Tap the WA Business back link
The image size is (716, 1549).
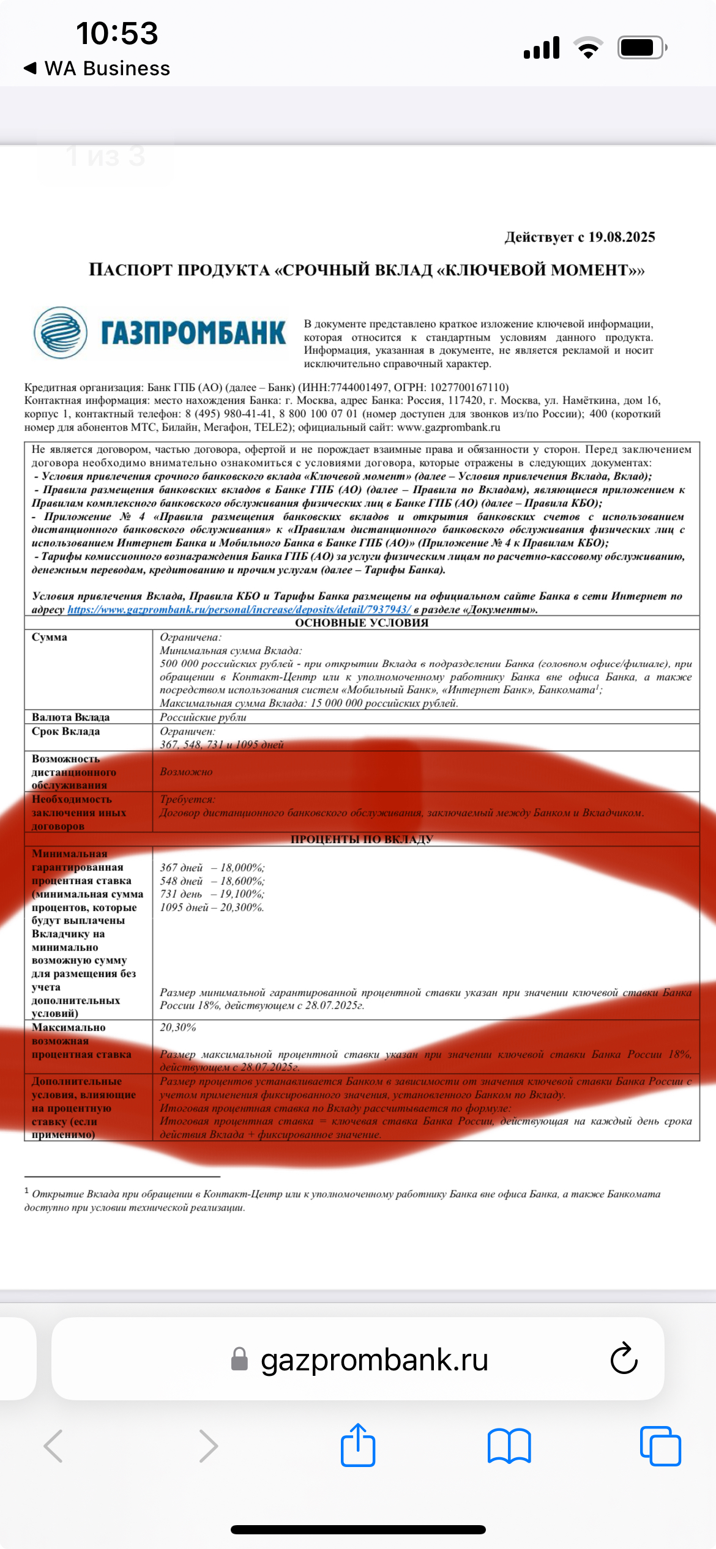pos(98,69)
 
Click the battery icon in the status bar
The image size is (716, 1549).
pos(641,48)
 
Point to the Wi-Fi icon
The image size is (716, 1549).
pos(588,48)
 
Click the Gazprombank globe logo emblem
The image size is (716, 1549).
pos(60,333)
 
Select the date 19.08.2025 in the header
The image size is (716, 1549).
pos(621,237)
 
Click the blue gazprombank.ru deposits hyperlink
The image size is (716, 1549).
pos(239,609)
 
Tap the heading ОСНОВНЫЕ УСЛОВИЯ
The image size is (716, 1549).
pos(362,623)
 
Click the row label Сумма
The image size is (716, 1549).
pos(50,637)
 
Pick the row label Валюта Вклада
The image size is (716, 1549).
pos(71,717)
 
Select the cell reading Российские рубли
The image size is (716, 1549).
pos(203,717)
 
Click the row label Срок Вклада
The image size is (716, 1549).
pos(66,731)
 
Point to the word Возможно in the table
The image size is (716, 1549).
pos(186,772)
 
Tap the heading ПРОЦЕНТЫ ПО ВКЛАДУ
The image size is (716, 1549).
pos(362,839)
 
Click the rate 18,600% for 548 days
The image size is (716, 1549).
pos(242,881)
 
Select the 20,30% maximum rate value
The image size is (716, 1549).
pos(178,1027)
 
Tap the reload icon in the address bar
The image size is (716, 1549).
pos(624,1359)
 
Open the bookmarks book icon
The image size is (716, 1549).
pos(509,1446)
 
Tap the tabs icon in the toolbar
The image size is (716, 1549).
pos(660,1446)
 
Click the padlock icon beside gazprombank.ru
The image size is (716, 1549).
pos(239,1359)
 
